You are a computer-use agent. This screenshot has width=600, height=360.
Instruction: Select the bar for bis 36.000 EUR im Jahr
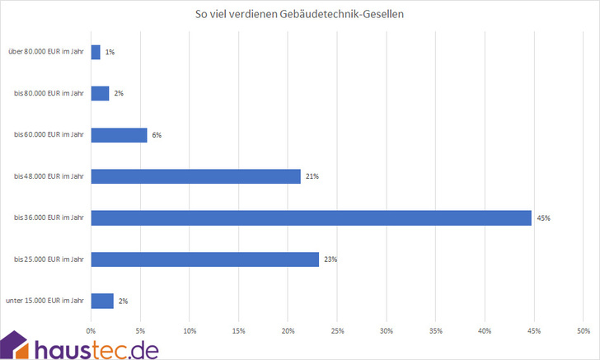pyautogui.click(x=311, y=217)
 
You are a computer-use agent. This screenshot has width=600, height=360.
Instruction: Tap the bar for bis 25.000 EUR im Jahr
pyautogui.click(x=204, y=259)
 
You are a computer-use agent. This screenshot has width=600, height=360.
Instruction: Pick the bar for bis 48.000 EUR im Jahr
pyautogui.click(x=195, y=175)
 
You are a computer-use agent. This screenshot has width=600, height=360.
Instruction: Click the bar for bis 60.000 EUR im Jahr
pyautogui.click(x=119, y=134)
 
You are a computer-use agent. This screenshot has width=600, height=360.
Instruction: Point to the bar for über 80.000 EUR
pyautogui.click(x=96, y=52)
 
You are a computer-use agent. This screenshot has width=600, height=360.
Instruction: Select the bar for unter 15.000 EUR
pyautogui.click(x=102, y=301)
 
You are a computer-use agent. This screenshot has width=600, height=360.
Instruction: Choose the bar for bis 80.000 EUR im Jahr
pyautogui.click(x=100, y=93)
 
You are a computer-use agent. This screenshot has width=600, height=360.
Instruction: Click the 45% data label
pyautogui.click(x=543, y=218)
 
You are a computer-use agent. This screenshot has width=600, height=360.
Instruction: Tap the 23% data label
pyautogui.click(x=330, y=259)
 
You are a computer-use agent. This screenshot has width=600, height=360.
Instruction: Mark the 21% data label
pyautogui.click(x=312, y=176)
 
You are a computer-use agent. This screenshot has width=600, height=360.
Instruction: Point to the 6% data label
pyautogui.click(x=157, y=135)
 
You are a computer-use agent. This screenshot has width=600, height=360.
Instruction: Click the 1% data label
pyautogui.click(x=110, y=52)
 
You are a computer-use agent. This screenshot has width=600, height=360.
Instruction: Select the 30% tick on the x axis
pyautogui.click(x=387, y=331)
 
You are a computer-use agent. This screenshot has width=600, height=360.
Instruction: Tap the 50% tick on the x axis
pyautogui.click(x=583, y=331)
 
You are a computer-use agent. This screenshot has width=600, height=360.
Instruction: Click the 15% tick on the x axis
pyautogui.click(x=239, y=331)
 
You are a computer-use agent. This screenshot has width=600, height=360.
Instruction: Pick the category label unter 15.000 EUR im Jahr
pyautogui.click(x=48, y=302)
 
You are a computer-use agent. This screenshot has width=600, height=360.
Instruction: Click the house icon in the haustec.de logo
pyautogui.click(x=16, y=345)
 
